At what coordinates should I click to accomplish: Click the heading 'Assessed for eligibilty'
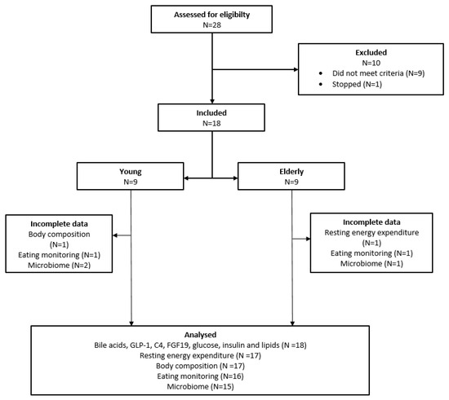[211, 15]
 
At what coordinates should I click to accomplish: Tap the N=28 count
[212, 25]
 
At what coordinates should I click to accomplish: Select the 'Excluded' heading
[371, 53]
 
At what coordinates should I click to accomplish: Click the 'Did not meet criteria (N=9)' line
[378, 73]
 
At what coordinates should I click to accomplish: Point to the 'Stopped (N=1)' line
[357, 84]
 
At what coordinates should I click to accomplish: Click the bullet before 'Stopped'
[321, 84]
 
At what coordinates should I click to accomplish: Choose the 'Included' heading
[211, 113]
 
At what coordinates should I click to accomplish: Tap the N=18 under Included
[211, 124]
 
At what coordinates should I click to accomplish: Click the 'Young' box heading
[131, 172]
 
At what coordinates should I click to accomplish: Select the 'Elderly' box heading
[291, 172]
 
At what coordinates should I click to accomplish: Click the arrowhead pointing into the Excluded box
[296, 69]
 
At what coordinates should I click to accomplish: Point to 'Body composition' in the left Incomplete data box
[59, 235]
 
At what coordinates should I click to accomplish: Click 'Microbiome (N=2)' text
[59, 266]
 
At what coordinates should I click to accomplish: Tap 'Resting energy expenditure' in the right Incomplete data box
[371, 232]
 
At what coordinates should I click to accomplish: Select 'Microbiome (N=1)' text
[371, 263]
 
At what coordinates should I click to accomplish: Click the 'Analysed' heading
[200, 335]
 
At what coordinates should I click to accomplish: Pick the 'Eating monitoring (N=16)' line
[200, 376]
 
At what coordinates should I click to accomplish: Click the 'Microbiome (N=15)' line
[200, 387]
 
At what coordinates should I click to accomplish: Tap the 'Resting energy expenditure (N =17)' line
[200, 356]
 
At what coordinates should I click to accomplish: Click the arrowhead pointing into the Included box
[212, 101]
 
